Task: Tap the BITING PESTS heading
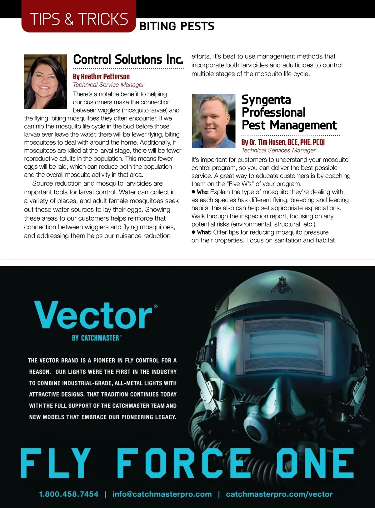[177, 26]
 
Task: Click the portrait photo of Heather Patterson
[46, 82]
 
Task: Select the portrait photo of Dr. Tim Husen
[213, 121]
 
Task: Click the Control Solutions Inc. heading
[128, 59]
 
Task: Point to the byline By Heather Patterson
[101, 77]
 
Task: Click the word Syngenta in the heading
[266, 100]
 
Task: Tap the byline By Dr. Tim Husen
[283, 142]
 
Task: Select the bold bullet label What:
[204, 232]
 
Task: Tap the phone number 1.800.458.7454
[68, 494]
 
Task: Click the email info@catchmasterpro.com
[162, 494]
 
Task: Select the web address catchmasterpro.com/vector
[279, 494]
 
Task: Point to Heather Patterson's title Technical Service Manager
[108, 85]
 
